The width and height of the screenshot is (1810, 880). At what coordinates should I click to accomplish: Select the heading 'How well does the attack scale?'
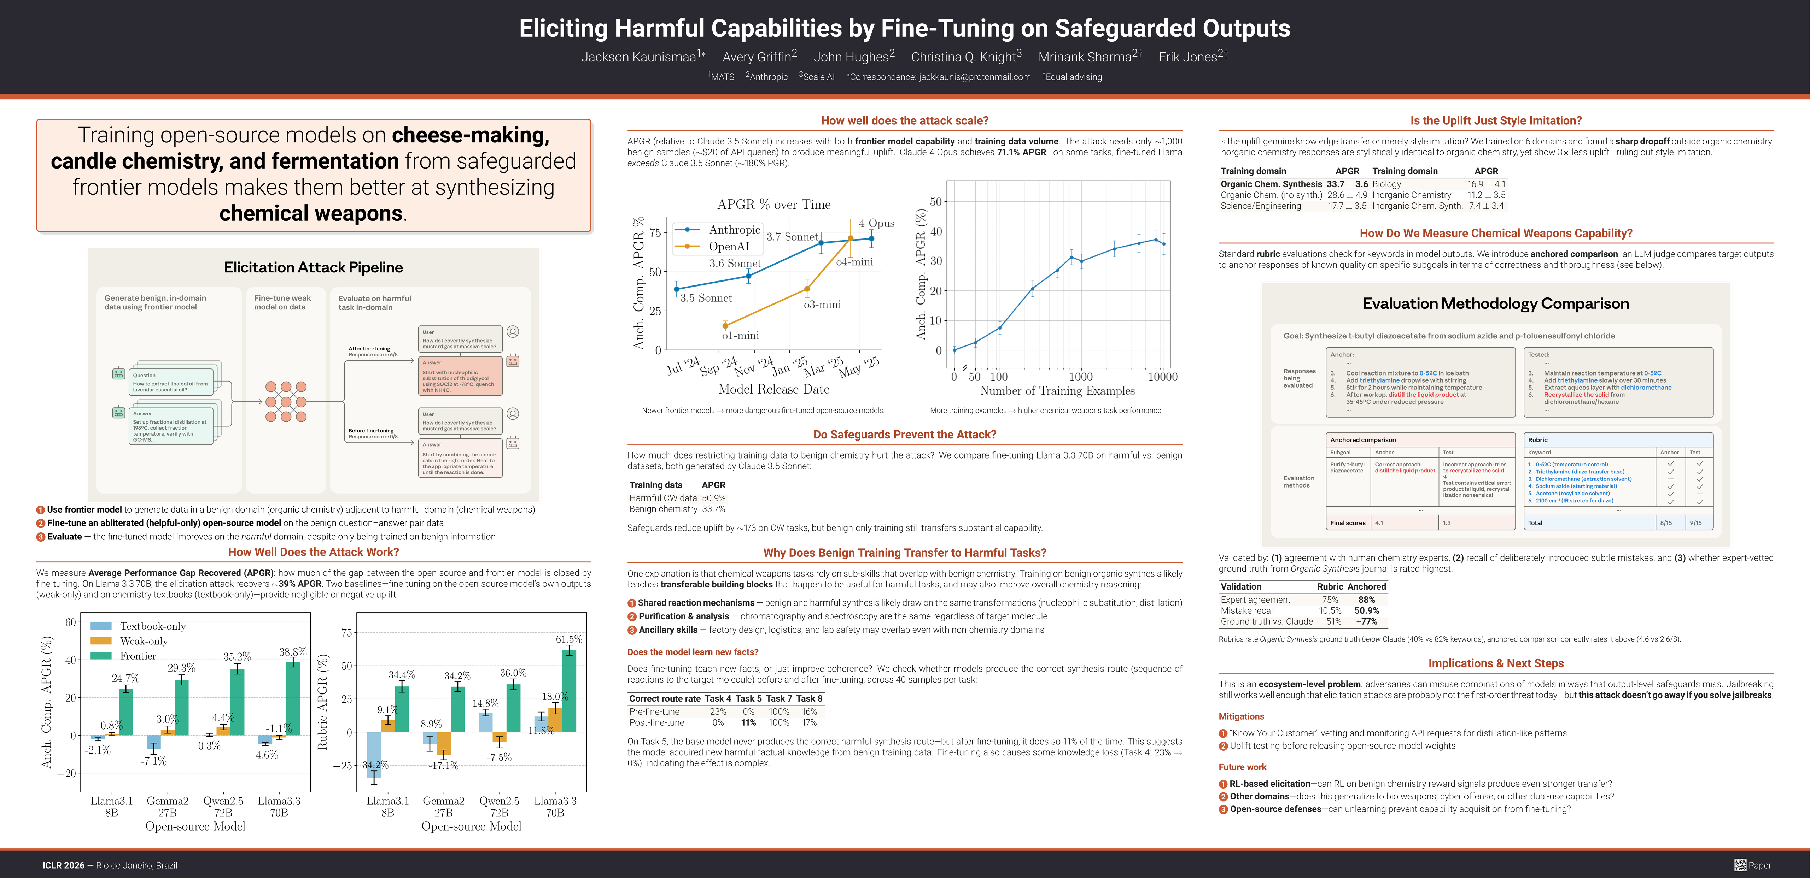click(x=904, y=121)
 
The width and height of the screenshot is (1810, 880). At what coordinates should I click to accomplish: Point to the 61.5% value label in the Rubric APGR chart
click(x=568, y=639)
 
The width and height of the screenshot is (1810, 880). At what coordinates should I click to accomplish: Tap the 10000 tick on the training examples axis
click(x=1162, y=377)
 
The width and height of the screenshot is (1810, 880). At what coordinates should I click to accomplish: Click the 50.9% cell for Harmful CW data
click(x=713, y=498)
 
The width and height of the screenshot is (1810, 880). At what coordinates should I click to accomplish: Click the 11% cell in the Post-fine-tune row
click(x=748, y=723)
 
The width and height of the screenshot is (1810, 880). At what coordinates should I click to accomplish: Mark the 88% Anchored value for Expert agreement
click(x=1366, y=600)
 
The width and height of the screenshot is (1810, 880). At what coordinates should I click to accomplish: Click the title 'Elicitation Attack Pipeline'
click(x=313, y=267)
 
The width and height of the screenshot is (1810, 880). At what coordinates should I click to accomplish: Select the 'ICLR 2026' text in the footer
click(x=63, y=865)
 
